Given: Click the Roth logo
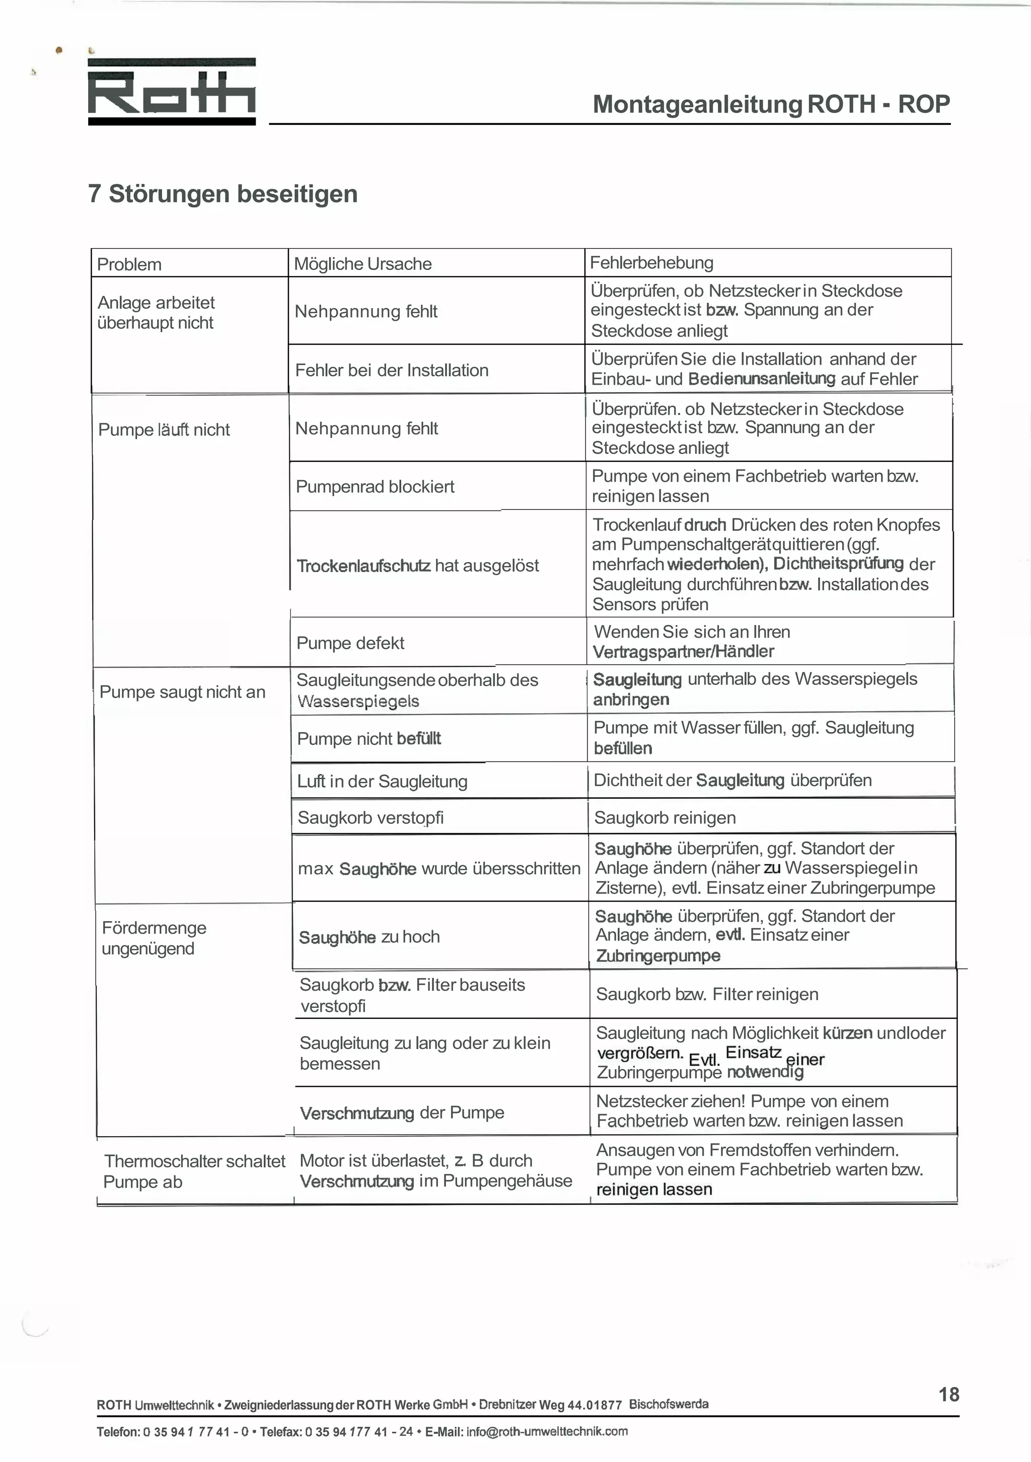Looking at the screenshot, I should (x=172, y=92).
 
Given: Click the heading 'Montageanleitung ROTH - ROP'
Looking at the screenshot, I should (x=771, y=104).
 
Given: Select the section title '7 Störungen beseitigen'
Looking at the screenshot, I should (x=223, y=193).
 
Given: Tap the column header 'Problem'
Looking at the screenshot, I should (x=129, y=264).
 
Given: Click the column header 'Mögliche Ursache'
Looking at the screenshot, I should (x=363, y=263).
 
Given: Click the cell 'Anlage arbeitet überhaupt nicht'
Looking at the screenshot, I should (x=156, y=313).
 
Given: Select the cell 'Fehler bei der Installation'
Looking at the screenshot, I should (x=391, y=370).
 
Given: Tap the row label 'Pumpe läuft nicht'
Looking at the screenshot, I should (x=164, y=430).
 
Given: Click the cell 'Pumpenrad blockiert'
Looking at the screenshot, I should (x=375, y=486).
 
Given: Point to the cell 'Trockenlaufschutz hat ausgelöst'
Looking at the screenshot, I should (x=417, y=566).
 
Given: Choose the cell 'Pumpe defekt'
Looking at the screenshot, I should (x=350, y=643).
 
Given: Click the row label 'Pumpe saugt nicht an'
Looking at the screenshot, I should (x=182, y=692).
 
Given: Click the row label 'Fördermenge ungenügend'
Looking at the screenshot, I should (x=154, y=938).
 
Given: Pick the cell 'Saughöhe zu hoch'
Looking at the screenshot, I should (x=369, y=937).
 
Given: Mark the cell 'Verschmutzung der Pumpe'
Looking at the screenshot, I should (x=402, y=1112).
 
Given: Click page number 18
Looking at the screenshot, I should (x=948, y=1395).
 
